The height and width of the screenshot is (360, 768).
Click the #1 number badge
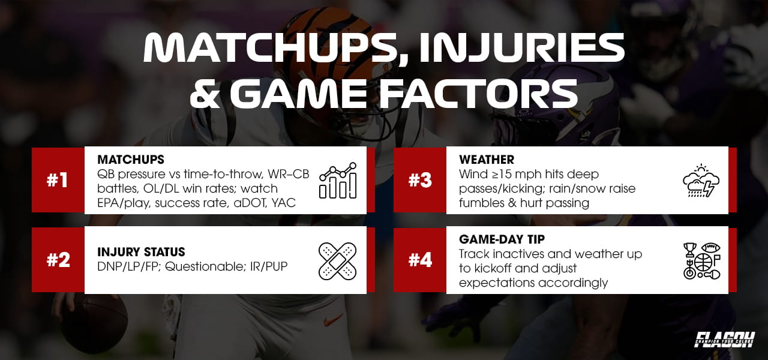58,181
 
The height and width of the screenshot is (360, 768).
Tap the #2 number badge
58,260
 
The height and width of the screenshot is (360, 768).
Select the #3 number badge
419,181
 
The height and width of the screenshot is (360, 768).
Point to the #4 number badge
419,260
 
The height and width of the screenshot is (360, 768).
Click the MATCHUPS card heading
131,160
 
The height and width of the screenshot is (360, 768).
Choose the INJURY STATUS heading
141,252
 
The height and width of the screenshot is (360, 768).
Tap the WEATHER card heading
487,160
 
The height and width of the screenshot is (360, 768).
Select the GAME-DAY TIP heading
502,239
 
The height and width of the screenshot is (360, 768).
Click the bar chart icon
338,181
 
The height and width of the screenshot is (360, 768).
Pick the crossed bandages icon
338,261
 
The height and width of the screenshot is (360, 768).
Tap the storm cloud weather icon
701,181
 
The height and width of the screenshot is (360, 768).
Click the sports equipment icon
701,260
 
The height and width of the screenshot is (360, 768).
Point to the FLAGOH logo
724,340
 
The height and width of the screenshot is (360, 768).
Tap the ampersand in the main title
205,94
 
